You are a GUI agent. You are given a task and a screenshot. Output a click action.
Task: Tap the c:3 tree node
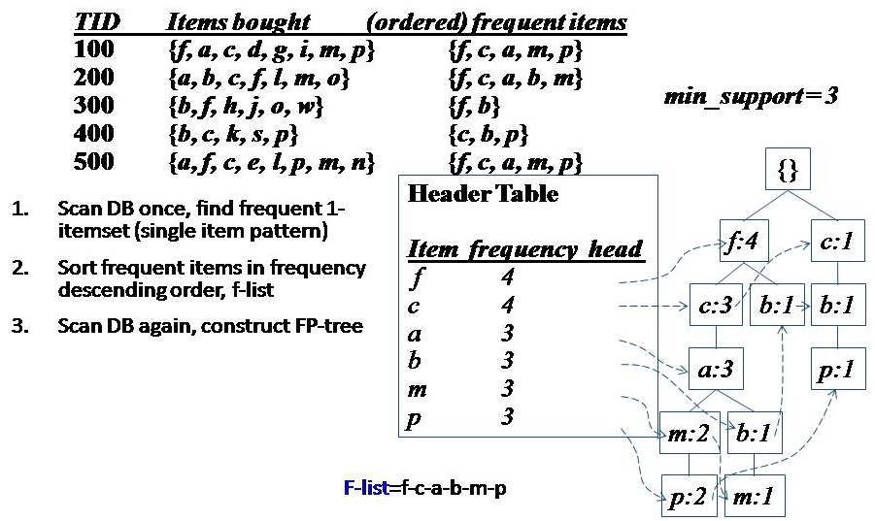click(x=715, y=306)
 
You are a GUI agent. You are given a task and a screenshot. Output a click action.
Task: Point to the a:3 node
click(x=715, y=370)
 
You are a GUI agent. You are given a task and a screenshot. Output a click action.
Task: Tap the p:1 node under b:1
click(x=838, y=370)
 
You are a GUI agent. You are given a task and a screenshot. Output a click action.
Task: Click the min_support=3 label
click(x=751, y=96)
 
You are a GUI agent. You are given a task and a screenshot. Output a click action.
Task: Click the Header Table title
click(x=483, y=193)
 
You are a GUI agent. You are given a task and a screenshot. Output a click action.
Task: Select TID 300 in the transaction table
click(x=93, y=105)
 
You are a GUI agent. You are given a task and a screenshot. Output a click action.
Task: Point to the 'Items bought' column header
click(x=239, y=21)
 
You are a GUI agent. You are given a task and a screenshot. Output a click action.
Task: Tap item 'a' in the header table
click(x=415, y=335)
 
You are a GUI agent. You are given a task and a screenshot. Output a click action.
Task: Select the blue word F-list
click(x=364, y=488)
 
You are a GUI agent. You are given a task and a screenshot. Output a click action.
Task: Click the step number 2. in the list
click(x=19, y=267)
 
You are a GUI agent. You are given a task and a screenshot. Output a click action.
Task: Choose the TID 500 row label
click(x=93, y=161)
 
